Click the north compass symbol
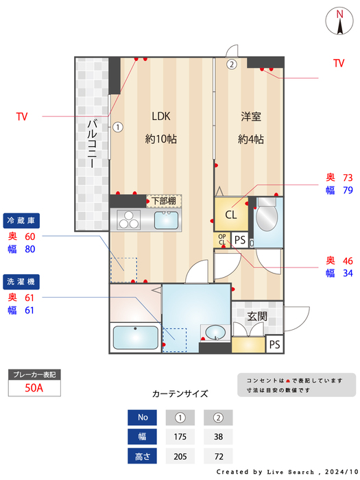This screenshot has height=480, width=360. point(339,21)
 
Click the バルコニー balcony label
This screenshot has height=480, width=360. point(91,144)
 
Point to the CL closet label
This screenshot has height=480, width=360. point(231,215)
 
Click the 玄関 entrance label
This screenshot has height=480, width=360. point(257,316)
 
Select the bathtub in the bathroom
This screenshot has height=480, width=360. point(135,338)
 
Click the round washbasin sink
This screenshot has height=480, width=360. point(215,333)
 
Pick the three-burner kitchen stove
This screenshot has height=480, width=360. point(128,220)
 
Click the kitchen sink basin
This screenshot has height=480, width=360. point(167,220)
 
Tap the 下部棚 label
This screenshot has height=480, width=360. point(163,201)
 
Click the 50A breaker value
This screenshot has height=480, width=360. point(34,388)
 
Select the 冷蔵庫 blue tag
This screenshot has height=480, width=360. point(23,220)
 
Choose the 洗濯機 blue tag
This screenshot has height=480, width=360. point(23,281)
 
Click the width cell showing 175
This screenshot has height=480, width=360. point(180,436)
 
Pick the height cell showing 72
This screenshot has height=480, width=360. point(218,455)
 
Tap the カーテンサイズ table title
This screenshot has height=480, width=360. point(180,394)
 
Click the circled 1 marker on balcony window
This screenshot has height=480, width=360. point(118,126)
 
